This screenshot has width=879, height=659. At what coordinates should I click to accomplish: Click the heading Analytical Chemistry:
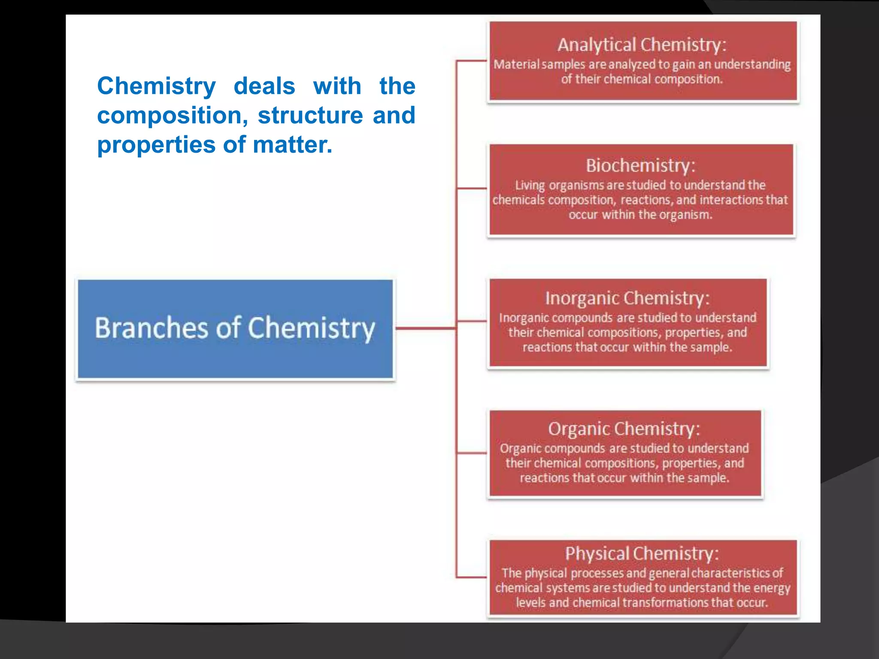coord(642,45)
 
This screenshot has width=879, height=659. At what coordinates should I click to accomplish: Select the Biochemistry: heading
coord(640,166)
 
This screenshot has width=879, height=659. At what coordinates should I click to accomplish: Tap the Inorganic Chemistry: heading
coord(627,298)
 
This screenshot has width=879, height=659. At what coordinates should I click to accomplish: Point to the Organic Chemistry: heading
coord(624,429)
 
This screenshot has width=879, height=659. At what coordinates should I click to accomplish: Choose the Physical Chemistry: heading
coord(642,553)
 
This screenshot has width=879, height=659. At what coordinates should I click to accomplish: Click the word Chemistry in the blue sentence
coord(156,86)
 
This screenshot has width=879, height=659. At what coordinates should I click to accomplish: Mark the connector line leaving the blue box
coord(425,328)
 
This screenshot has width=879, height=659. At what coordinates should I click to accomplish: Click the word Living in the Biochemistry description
coord(530,185)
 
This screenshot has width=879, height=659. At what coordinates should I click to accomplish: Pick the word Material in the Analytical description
coord(516,64)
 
